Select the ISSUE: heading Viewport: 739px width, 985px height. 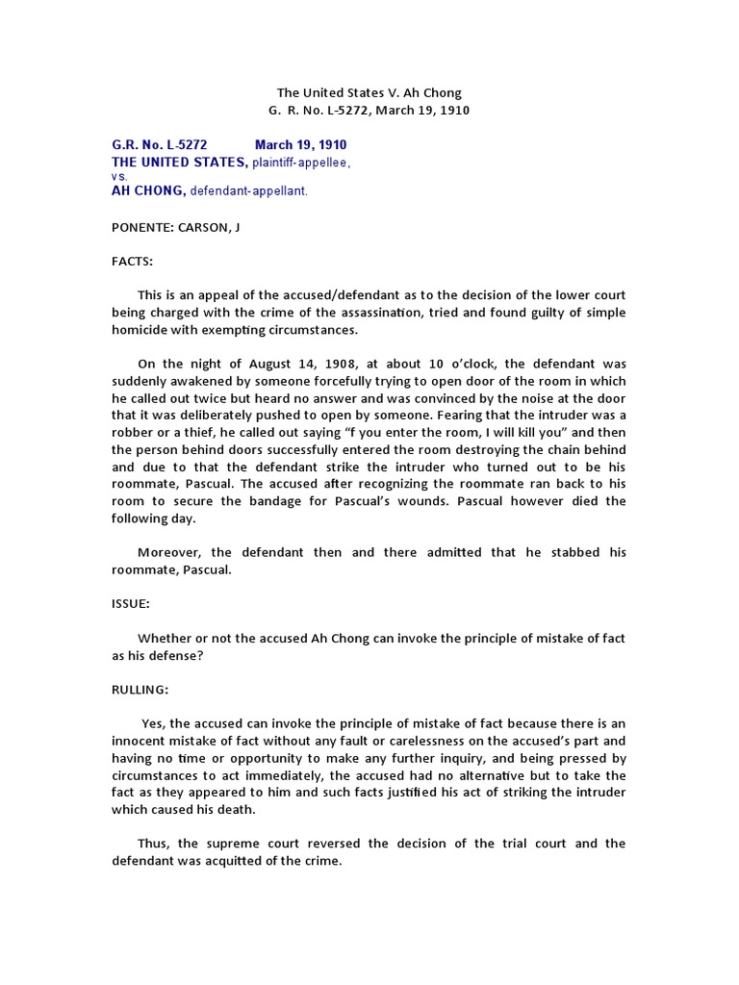tap(132, 607)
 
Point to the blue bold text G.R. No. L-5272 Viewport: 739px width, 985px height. tap(159, 145)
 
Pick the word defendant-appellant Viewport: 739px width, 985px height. tap(248, 191)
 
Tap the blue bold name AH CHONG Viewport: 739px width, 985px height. tap(148, 191)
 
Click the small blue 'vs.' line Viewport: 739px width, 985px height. tap(120, 177)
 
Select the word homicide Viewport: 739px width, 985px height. tap(144, 330)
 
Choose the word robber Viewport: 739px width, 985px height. tap(134, 433)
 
